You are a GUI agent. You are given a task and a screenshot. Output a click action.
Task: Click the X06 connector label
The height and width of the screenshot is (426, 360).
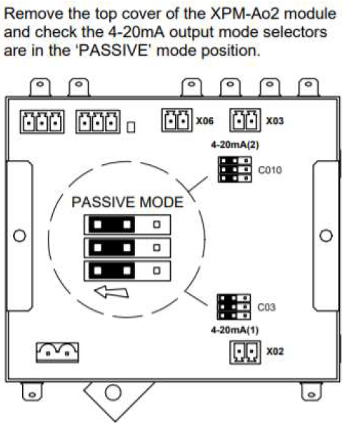[x=205, y=121]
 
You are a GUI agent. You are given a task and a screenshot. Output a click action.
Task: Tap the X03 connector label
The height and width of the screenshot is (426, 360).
[x=274, y=121]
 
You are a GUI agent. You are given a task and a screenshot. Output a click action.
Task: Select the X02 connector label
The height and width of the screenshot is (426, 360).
[x=275, y=351]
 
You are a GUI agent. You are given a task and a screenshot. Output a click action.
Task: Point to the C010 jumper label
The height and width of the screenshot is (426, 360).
[x=270, y=170]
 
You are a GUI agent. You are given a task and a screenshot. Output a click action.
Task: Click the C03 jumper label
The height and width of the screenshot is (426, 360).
[x=266, y=307]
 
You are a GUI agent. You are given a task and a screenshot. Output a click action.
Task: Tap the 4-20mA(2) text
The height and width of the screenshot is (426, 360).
[x=235, y=145]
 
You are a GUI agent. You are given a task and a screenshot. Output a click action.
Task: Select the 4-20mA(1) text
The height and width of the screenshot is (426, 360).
[x=234, y=330]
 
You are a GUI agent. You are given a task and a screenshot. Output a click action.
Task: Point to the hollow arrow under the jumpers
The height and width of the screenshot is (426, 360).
[x=111, y=292]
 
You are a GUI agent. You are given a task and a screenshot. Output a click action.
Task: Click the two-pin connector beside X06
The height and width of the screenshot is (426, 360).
[x=176, y=120]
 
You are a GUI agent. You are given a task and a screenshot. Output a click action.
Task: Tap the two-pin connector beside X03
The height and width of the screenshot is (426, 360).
[x=245, y=120]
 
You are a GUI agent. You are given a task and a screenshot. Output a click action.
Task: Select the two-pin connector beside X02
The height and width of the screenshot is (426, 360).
[x=245, y=352]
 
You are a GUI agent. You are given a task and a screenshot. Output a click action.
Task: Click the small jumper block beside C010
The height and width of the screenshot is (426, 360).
[x=235, y=170]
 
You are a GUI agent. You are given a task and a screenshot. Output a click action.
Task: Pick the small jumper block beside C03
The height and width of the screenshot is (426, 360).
[x=234, y=307]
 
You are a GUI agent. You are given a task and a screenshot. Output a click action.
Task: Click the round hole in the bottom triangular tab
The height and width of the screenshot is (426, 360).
[x=113, y=392]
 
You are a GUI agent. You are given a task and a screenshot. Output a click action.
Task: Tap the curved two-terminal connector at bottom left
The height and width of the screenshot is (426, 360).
[x=57, y=353]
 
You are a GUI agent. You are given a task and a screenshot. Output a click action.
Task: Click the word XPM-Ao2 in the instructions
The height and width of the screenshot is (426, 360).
[x=245, y=14]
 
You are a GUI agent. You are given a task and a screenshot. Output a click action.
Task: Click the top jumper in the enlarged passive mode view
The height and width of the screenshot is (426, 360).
[x=127, y=225]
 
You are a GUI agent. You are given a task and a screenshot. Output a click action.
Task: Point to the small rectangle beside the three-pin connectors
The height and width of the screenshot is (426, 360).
[x=131, y=127]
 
